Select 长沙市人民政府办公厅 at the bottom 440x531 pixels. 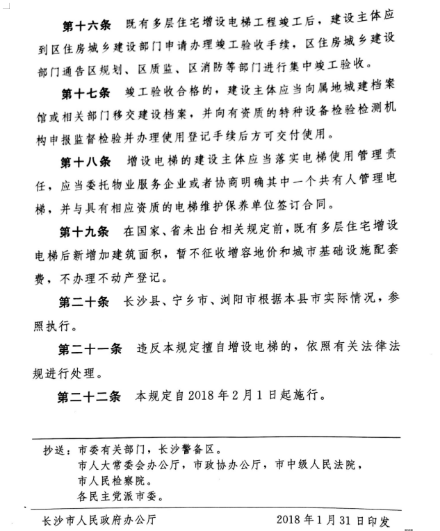pyautogui.click(x=99, y=519)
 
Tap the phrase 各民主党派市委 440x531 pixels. pyautogui.click(x=117, y=496)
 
